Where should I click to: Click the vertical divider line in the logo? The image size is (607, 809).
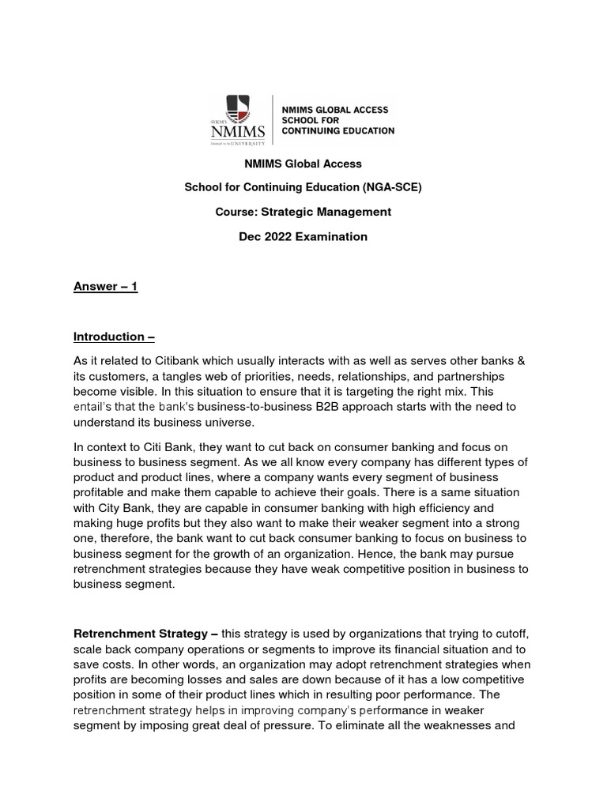click(x=273, y=120)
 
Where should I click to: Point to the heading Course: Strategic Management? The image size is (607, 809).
click(x=303, y=212)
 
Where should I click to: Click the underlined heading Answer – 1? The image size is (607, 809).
click(x=105, y=287)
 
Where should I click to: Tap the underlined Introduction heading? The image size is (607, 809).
click(x=114, y=337)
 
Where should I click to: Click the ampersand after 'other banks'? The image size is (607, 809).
click(x=520, y=361)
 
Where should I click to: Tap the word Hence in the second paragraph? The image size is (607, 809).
click(x=386, y=554)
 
